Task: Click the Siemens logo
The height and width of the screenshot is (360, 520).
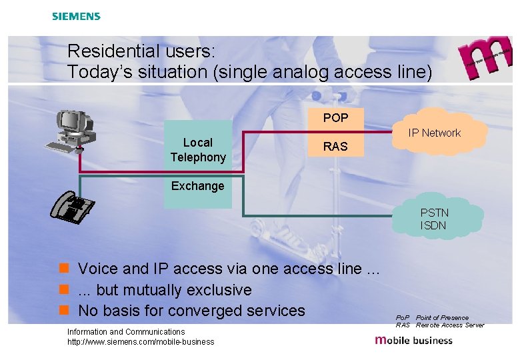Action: click(x=76, y=16)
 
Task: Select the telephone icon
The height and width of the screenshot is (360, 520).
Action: click(x=73, y=206)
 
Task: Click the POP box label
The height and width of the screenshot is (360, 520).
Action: click(x=335, y=118)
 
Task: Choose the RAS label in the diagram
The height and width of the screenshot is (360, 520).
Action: click(x=335, y=146)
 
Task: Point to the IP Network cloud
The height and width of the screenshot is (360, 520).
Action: click(x=435, y=133)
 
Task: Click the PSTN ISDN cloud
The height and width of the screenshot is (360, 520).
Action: click(x=434, y=219)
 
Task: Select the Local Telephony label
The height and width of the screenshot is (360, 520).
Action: click(x=197, y=150)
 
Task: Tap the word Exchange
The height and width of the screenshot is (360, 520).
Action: click(x=197, y=186)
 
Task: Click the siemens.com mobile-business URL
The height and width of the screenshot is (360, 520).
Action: click(x=141, y=342)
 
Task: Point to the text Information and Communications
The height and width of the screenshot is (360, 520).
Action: click(x=126, y=331)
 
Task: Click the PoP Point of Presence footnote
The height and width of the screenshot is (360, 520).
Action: click(x=432, y=317)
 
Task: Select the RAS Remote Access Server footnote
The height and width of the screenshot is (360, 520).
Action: click(x=439, y=325)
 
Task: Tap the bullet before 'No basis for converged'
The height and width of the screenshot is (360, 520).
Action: click(x=64, y=311)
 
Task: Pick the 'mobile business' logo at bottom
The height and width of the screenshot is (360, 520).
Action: click(x=414, y=340)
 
